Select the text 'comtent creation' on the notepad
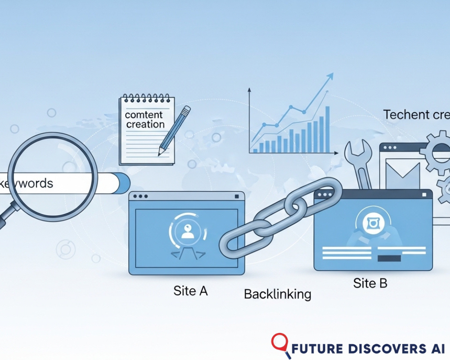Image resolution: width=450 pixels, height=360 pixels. click(145, 120)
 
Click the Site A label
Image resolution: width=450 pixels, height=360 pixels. click(190, 291)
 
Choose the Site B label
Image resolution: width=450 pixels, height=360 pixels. click(370, 283)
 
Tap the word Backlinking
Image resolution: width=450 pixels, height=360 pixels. click(277, 294)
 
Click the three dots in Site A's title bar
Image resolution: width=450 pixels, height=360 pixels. click(140, 197)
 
